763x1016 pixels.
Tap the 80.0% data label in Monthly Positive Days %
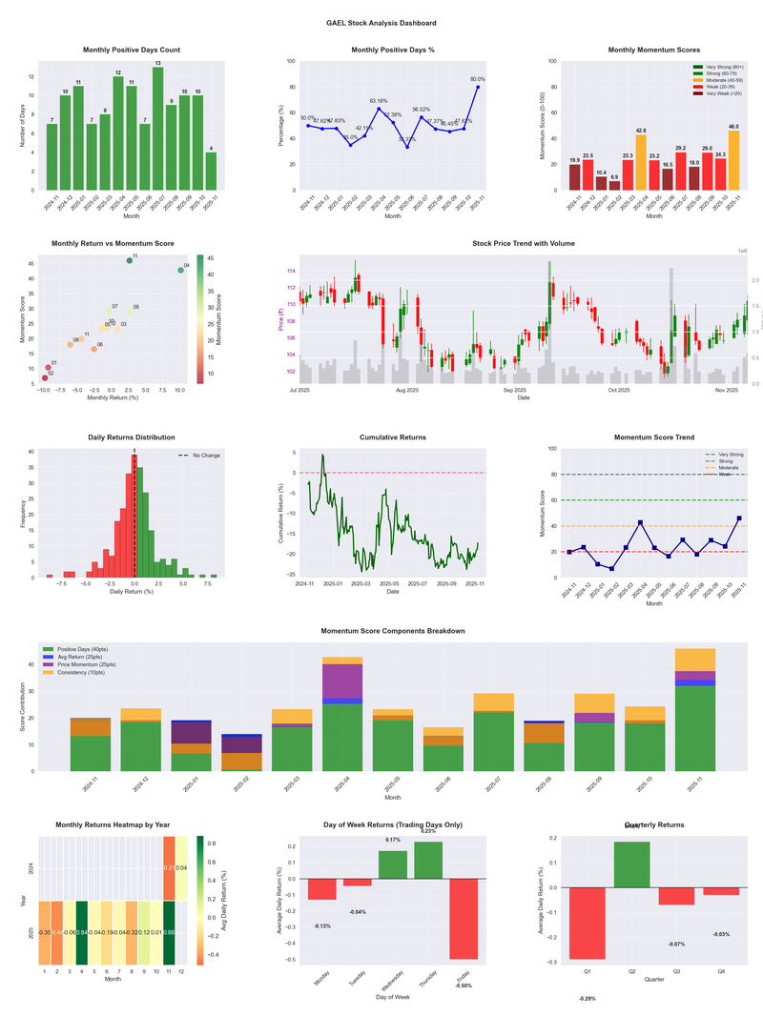[x=478, y=79]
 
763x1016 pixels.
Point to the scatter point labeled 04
[x=180, y=271]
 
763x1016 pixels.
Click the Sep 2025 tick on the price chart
[x=515, y=390]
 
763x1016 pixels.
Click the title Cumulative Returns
[x=393, y=437]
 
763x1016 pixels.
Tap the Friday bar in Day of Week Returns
[x=464, y=918]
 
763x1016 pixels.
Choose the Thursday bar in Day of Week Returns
[x=428, y=860]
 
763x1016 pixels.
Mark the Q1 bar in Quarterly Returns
[x=588, y=923]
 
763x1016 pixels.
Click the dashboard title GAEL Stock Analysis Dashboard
[x=381, y=22]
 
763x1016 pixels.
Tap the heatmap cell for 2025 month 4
[x=82, y=932]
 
